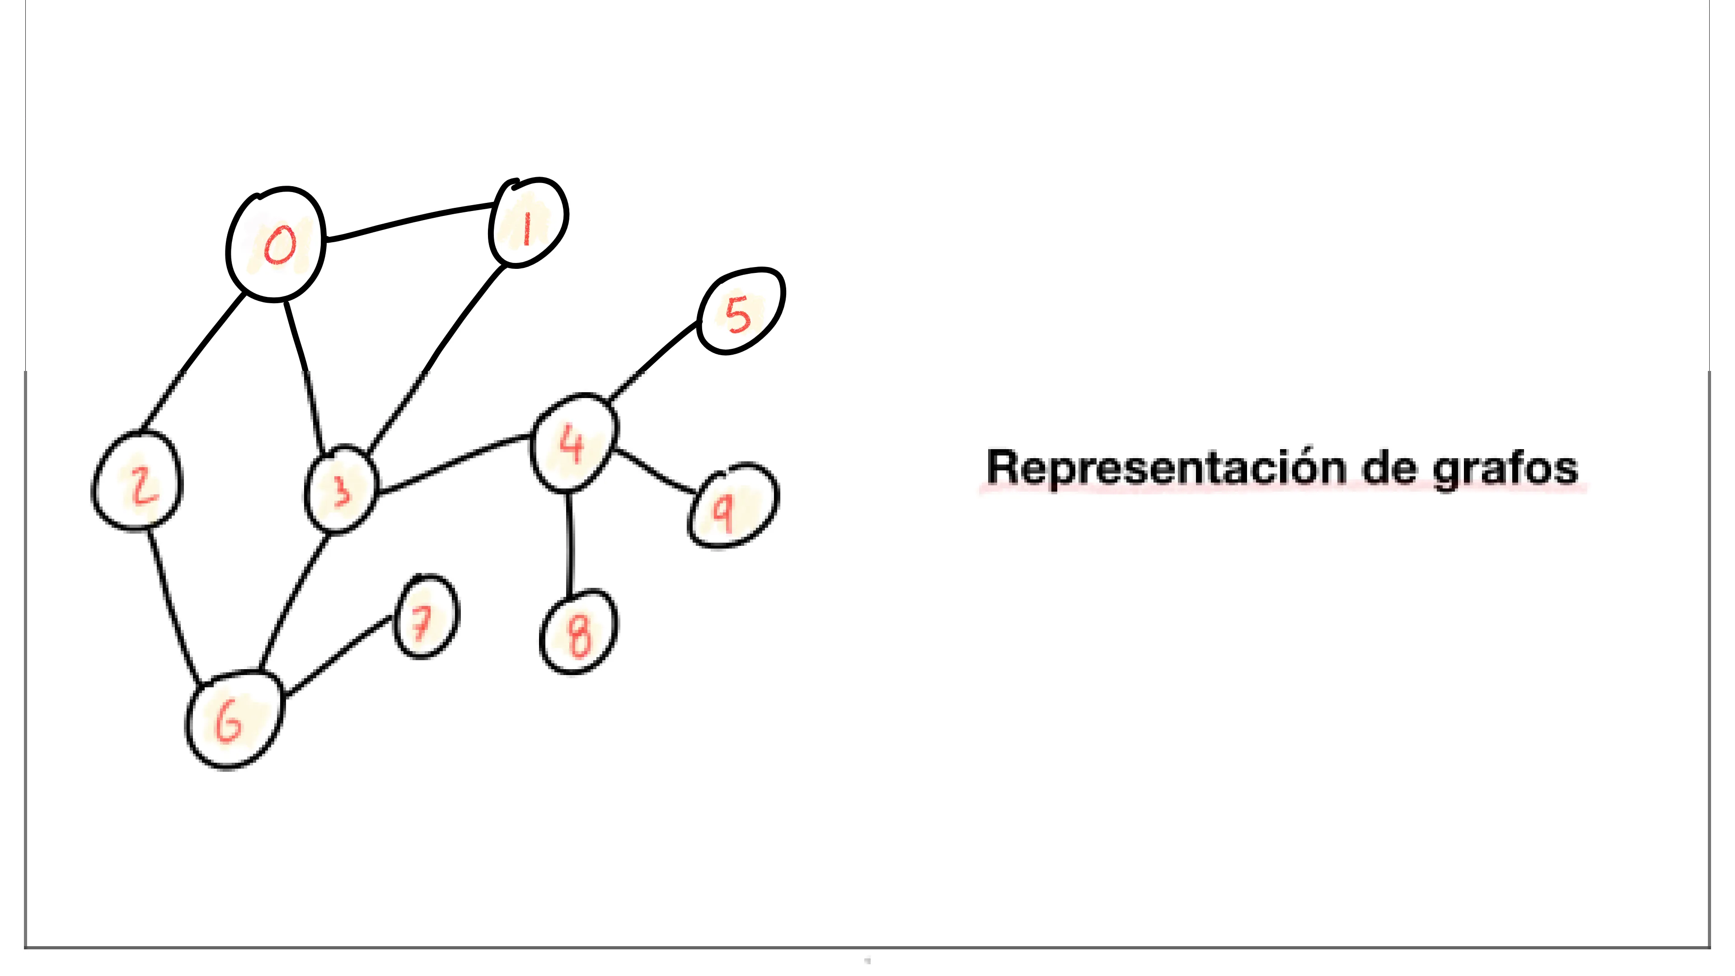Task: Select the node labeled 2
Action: click(x=137, y=480)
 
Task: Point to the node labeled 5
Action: click(x=740, y=311)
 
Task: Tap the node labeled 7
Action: click(x=426, y=617)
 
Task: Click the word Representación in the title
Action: click(x=1164, y=468)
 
